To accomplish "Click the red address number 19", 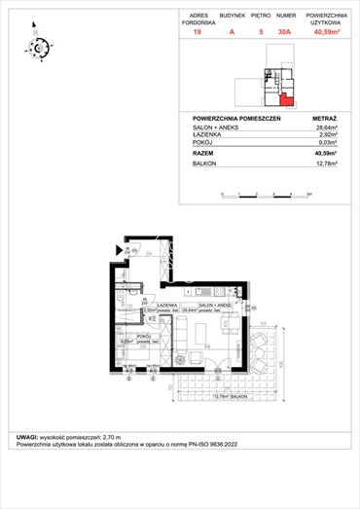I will click(198, 31).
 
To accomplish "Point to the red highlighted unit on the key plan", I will click(285, 95).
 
